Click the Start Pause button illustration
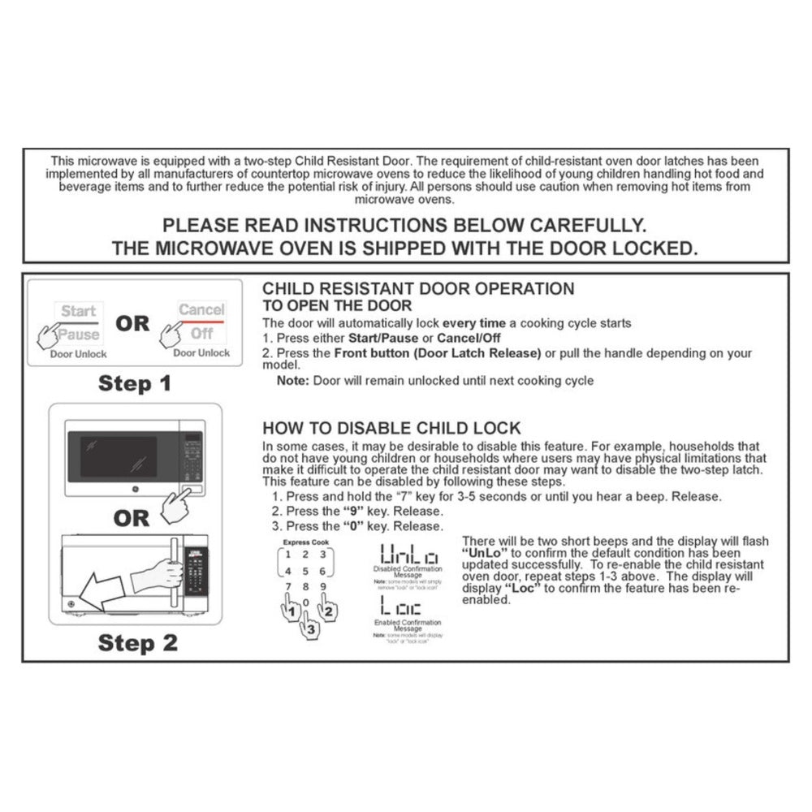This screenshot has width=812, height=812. pos(79,322)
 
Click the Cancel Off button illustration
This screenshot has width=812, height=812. pos(201,321)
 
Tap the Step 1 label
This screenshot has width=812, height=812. pos(135,382)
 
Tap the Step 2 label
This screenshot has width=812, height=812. pos(137,643)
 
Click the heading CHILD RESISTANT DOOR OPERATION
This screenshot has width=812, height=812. pos(418,289)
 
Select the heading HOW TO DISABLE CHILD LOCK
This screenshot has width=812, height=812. pos(391,429)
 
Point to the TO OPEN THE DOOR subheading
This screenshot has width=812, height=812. pos(337,305)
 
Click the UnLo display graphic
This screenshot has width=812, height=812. pos(409,555)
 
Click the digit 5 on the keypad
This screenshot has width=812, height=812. pos(304,571)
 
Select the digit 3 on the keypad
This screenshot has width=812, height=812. pos(322,555)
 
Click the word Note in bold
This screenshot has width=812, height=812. pos(292,381)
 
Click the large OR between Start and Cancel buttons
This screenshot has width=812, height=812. pos(132,323)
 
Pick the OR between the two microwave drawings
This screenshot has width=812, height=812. pos(132,518)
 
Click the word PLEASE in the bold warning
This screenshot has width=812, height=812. pos(198,225)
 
